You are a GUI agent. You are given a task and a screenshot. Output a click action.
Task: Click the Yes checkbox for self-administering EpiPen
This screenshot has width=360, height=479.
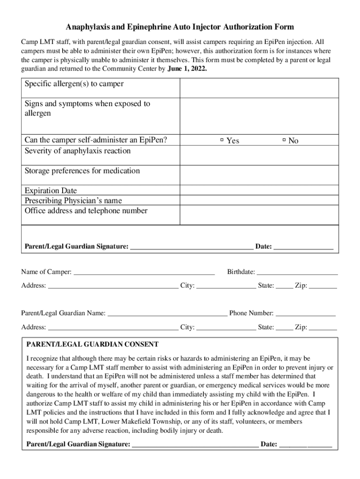pyautogui.click(x=222, y=140)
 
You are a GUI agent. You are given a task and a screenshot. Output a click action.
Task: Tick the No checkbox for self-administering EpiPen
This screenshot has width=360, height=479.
pyautogui.click(x=284, y=140)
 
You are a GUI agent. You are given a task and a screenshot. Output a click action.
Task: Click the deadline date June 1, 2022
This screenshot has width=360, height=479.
pyautogui.click(x=187, y=68)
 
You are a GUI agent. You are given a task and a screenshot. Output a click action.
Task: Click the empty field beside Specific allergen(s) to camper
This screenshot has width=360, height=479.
pyautogui.click(x=259, y=88)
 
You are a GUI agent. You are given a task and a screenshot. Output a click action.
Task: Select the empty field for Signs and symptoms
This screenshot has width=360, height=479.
pyautogui.click(x=259, y=116)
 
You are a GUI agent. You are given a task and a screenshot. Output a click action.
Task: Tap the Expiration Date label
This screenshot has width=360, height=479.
pyautogui.click(x=50, y=191)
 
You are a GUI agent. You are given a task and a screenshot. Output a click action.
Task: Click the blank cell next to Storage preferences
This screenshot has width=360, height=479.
pyautogui.click(x=259, y=175)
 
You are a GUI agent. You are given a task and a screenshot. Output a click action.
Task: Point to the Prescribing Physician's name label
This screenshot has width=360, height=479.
pyautogui.click(x=73, y=201)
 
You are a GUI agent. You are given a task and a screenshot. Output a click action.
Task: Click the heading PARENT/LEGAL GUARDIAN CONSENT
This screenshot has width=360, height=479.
pyautogui.click(x=92, y=344)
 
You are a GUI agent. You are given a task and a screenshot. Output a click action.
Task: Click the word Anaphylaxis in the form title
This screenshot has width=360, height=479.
pyautogui.click(x=89, y=27)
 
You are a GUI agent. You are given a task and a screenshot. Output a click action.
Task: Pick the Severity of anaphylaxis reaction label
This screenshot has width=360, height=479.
pyautogui.click(x=78, y=151)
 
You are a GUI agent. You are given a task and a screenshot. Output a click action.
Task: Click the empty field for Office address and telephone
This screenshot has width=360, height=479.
pyautogui.click(x=259, y=215)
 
